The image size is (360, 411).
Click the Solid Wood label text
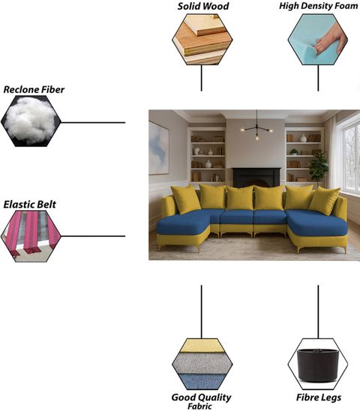(203, 6)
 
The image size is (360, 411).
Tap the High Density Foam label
(318, 6)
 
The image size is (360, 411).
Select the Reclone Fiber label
(34, 90)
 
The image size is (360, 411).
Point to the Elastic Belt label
(30, 204)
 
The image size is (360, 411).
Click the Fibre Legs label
(319, 397)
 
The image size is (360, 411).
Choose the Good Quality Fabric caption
(201, 401)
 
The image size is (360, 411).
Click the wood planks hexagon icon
(202, 39)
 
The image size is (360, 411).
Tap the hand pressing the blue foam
(331, 39)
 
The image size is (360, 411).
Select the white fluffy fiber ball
(30, 120)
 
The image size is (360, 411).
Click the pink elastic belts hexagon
(31, 236)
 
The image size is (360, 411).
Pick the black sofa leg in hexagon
(318, 364)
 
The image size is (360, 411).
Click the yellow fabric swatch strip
(202, 346)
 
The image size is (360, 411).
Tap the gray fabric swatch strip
(202, 363)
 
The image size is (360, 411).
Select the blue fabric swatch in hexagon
(202, 382)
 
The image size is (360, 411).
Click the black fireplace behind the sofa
(256, 178)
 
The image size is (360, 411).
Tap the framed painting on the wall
(159, 148)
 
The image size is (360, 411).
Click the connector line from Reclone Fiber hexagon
(93, 122)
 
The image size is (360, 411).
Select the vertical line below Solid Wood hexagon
(201, 78)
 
